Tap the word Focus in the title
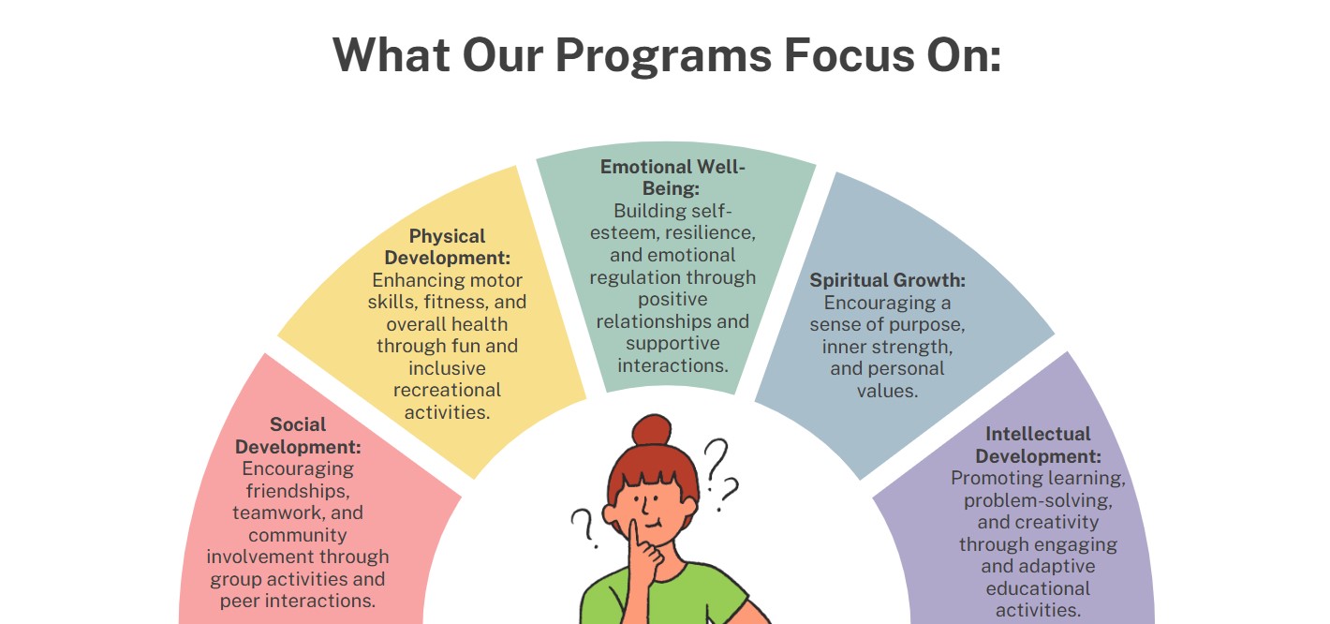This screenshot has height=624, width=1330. pyautogui.click(x=850, y=54)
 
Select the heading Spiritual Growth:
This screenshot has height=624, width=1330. pyautogui.click(x=888, y=280)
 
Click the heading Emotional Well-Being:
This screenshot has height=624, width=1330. pyautogui.click(x=672, y=177)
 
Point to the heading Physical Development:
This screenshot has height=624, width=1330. pyautogui.click(x=447, y=247)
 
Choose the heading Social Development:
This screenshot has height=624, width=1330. pyautogui.click(x=298, y=435)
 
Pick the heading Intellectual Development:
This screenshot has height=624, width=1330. pyautogui.click(x=1038, y=445)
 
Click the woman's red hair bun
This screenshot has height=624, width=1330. pyautogui.click(x=651, y=430)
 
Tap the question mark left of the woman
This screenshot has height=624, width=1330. pyautogui.click(x=584, y=527)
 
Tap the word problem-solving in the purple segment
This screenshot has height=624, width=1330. pyautogui.click(x=1038, y=501)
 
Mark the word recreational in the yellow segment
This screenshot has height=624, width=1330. pyautogui.click(x=447, y=390)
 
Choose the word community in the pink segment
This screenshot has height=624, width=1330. pyautogui.click(x=298, y=536)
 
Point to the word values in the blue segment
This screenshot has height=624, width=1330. pyautogui.click(x=888, y=391)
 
